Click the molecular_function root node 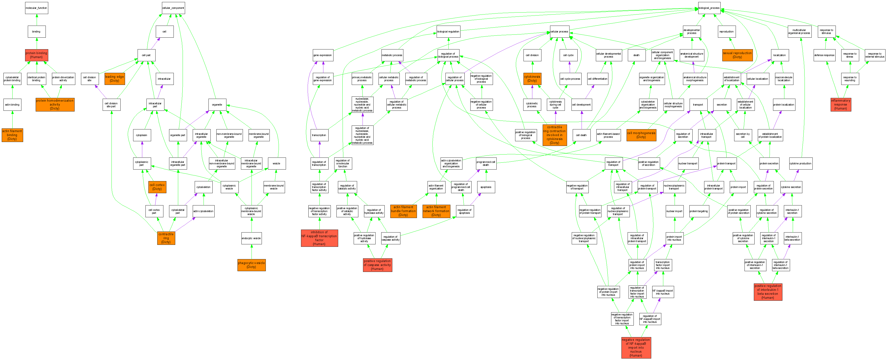(36, 8)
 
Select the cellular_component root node (173, 8)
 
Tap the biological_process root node (709, 8)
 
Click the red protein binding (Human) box (36, 55)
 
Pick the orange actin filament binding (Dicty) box (12, 135)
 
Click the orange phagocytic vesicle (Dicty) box (251, 265)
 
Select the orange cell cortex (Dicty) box (157, 187)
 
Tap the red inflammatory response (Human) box (840, 105)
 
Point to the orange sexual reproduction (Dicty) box (737, 55)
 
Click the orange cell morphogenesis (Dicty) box (641, 135)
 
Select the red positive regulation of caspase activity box (377, 265)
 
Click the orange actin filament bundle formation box (403, 211)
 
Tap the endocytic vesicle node (251, 238)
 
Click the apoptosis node (486, 187)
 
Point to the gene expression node (323, 55)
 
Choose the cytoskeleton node (204, 187)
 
